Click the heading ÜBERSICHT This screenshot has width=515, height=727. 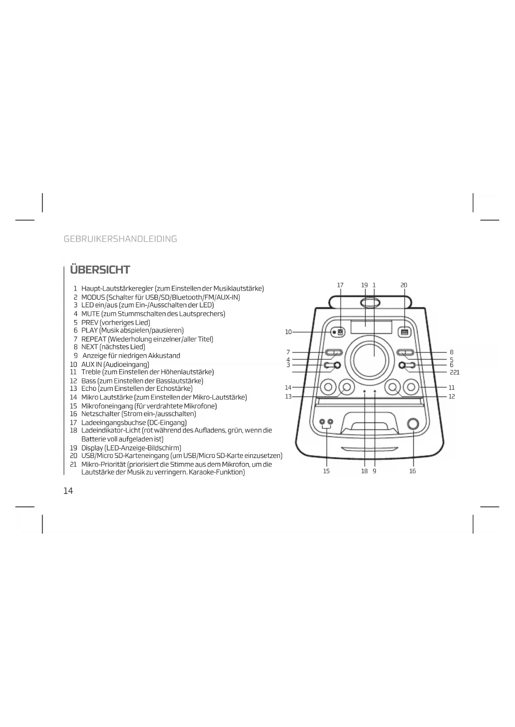(100, 270)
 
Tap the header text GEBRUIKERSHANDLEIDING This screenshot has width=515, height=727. (120, 239)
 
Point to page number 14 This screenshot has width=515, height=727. (68, 491)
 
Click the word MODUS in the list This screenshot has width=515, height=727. (93, 297)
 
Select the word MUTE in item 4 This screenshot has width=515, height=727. (90, 314)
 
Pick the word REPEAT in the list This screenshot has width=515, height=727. (94, 339)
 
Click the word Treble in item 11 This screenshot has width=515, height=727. (91, 372)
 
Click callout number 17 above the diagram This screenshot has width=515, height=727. (340, 285)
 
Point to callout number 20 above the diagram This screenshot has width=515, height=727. (404, 285)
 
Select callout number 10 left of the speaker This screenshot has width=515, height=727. (288, 332)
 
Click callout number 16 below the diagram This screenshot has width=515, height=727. (412, 471)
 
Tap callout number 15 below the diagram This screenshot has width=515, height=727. (327, 471)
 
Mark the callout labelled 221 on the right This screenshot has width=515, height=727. (455, 372)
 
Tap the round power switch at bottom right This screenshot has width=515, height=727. (413, 424)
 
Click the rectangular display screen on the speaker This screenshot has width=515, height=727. (371, 327)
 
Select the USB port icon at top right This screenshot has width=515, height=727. (405, 332)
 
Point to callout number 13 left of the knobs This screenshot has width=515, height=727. (288, 397)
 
